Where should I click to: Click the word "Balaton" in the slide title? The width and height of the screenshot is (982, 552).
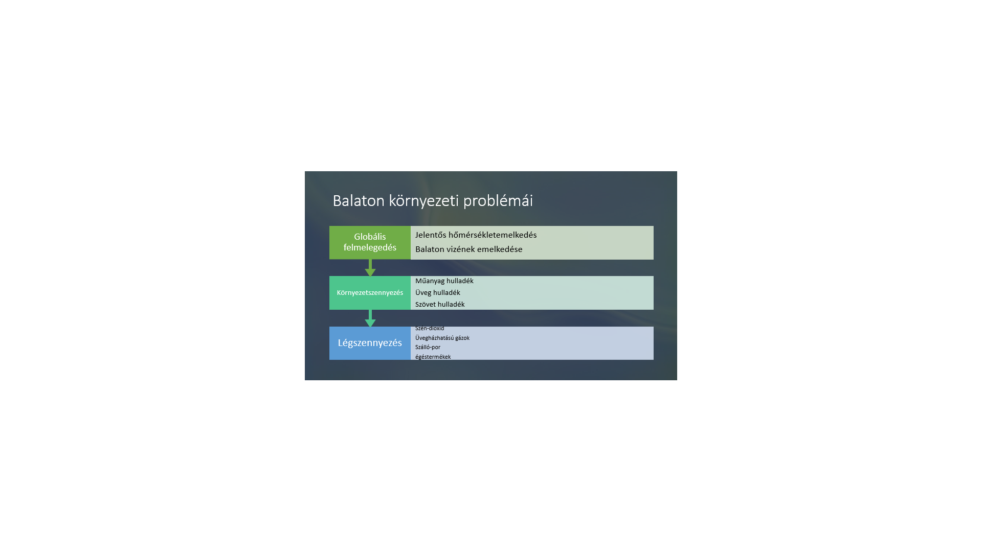tap(359, 200)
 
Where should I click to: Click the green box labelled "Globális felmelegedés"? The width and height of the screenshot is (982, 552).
tap(370, 242)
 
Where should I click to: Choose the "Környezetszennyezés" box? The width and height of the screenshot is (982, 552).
tap(370, 293)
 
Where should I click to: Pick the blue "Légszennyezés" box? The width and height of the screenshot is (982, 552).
tap(370, 343)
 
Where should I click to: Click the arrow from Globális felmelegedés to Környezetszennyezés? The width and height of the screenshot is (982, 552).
tap(370, 268)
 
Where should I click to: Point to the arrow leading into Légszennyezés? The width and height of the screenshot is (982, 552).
tap(370, 318)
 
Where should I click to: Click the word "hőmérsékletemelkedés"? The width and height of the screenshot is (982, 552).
tap(493, 235)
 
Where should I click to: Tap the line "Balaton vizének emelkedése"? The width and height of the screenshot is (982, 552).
tap(469, 249)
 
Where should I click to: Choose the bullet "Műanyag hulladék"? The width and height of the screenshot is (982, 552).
tap(444, 281)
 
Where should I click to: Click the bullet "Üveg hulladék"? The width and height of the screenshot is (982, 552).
tap(438, 293)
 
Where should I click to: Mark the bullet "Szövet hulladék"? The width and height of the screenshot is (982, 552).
tap(440, 305)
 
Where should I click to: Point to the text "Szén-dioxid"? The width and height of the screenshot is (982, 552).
tap(430, 328)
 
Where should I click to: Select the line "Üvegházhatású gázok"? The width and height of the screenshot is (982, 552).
tap(442, 338)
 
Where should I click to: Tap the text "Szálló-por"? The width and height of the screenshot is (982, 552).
tap(428, 347)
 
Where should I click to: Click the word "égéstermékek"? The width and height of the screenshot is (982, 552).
tap(433, 357)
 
